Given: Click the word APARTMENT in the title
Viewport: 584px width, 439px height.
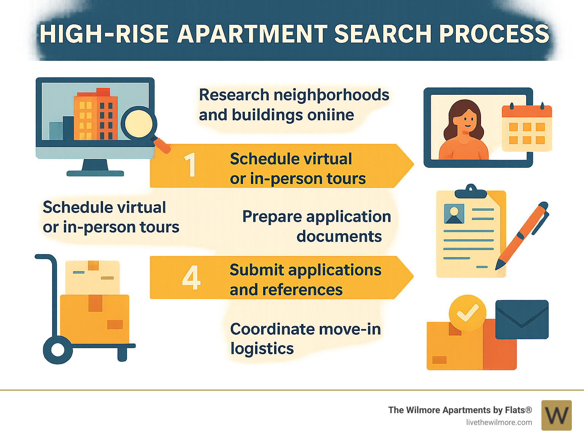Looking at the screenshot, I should pyautogui.click(x=252, y=34).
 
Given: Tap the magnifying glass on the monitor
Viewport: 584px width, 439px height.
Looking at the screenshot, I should pyautogui.click(x=139, y=123).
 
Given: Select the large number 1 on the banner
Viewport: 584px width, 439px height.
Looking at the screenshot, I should pyautogui.click(x=190, y=165).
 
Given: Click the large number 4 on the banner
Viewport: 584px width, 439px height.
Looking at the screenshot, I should pyautogui.click(x=191, y=277).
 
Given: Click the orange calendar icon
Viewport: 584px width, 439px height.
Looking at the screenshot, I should pyautogui.click(x=527, y=127).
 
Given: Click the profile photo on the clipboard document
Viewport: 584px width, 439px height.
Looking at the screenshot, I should pyautogui.click(x=454, y=213).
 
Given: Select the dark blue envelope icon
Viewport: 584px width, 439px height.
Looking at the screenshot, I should pyautogui.click(x=522, y=319).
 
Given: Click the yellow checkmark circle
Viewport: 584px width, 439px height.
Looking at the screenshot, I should pyautogui.click(x=467, y=313).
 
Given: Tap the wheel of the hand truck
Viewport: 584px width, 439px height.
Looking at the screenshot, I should pyautogui.click(x=57, y=349).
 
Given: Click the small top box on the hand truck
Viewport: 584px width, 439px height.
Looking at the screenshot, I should pyautogui.click(x=92, y=277).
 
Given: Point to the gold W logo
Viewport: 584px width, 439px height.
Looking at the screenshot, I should pyautogui.click(x=556, y=415).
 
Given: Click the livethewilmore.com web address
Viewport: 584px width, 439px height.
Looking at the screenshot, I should pyautogui.click(x=499, y=422).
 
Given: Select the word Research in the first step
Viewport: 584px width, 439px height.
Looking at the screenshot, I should pyautogui.click(x=234, y=95).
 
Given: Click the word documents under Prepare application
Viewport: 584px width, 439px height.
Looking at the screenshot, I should pyautogui.click(x=339, y=237).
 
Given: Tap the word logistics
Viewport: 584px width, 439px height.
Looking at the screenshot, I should pyautogui.click(x=262, y=349).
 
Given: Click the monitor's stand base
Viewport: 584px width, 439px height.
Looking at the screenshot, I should pyautogui.click(x=95, y=173).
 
